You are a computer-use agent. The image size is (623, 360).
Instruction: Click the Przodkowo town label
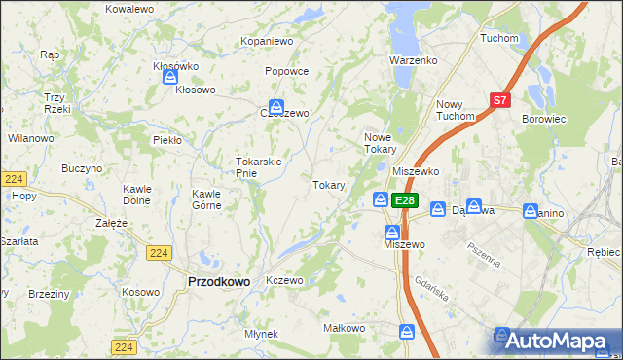coord(217,281)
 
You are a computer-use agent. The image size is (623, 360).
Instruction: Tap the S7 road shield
coord(499,99)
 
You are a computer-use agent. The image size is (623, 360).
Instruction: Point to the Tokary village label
coord(328,185)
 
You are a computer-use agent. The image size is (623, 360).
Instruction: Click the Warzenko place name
coord(413,60)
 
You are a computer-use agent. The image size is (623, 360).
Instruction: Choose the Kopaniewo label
coord(267,42)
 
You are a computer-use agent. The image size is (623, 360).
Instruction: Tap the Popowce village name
coord(287,71)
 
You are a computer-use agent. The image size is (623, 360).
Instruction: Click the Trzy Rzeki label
coord(54,103)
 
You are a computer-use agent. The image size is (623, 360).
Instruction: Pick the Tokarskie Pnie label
coord(259,167)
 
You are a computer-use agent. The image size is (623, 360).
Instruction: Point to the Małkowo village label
coord(344,329)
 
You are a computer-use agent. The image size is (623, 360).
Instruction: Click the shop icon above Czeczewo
coord(277,106)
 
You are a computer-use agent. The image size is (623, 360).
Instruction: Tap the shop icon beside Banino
coord(531,210)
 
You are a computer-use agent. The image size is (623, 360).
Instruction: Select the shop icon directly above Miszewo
coord(391,233)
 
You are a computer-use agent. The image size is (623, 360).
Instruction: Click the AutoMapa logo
coord(558,341)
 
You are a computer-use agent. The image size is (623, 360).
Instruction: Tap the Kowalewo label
coord(129,9)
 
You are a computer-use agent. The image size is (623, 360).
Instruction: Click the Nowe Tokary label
coord(380,143)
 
